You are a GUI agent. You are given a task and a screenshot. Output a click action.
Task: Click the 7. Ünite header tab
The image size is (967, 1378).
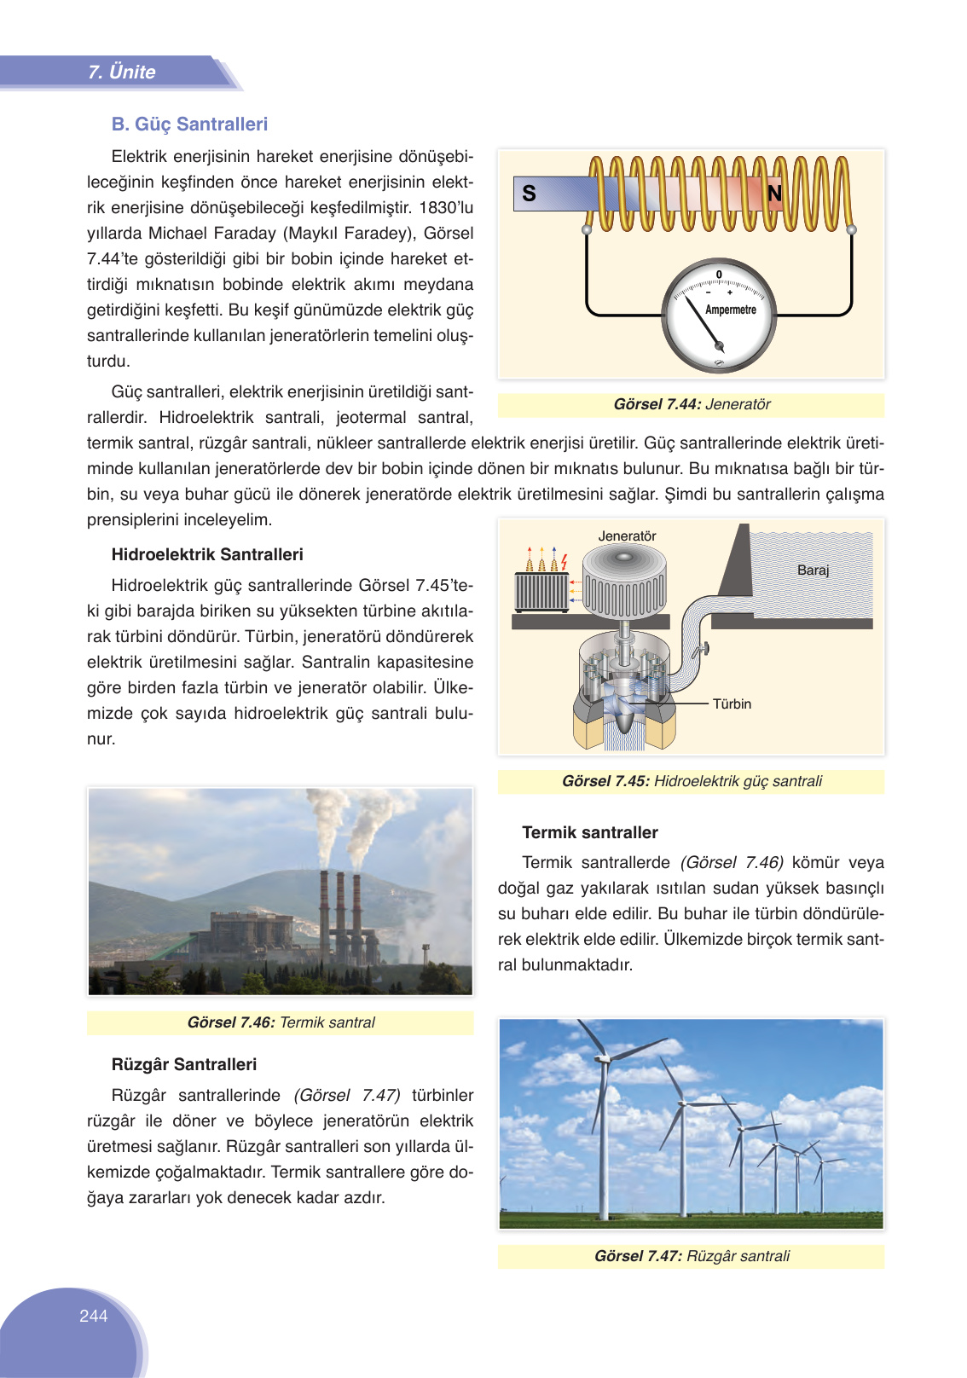click(x=121, y=72)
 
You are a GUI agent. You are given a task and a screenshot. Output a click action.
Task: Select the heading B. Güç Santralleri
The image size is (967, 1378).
click(x=189, y=124)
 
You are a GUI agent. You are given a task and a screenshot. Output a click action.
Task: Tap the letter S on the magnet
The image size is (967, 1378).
click(x=529, y=194)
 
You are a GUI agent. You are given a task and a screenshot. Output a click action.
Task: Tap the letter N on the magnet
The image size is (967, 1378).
click(x=774, y=194)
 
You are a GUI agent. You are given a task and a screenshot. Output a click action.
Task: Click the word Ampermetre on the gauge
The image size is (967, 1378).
click(x=730, y=310)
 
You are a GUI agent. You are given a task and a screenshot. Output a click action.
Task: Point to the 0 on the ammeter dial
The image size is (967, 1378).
click(x=719, y=275)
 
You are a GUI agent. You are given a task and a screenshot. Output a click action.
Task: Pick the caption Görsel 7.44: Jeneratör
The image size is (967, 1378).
click(x=691, y=404)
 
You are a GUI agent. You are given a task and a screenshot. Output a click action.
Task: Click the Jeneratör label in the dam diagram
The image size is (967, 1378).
click(x=627, y=536)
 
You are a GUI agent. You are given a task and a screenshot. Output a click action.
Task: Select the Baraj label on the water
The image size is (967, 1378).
click(x=813, y=570)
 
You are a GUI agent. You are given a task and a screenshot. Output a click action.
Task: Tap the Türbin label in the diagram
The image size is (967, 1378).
click(x=732, y=703)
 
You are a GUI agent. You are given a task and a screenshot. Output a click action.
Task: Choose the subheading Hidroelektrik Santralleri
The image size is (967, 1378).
click(x=207, y=554)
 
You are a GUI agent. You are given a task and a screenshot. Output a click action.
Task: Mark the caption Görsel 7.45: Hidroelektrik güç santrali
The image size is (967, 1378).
click(x=691, y=781)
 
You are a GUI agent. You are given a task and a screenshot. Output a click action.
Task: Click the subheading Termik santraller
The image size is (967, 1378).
click(x=590, y=832)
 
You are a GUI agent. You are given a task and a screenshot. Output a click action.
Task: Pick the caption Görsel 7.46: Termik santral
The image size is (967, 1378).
click(x=281, y=1022)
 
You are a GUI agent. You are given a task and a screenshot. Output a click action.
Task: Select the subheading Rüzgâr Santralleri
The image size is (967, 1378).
click(x=184, y=1064)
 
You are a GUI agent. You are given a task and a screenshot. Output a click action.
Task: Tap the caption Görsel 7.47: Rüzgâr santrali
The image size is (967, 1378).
click(x=691, y=1256)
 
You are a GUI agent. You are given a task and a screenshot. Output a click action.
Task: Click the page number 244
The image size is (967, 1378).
click(x=94, y=1316)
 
